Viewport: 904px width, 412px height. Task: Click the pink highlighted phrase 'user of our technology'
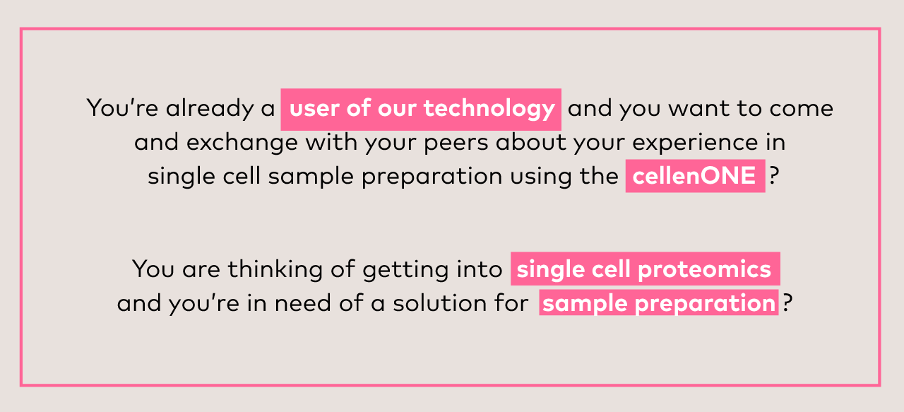pyautogui.click(x=421, y=110)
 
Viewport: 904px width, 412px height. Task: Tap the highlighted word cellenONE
pyautogui.click(x=696, y=176)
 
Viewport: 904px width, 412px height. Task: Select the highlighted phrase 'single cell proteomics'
pyautogui.click(x=646, y=269)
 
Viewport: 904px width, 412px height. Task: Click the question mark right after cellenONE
pyautogui.click(x=773, y=176)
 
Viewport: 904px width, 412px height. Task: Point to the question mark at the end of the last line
pyautogui.click(x=787, y=303)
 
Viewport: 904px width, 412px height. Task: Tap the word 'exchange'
pyautogui.click(x=242, y=142)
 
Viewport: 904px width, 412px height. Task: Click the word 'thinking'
pyautogui.click(x=275, y=269)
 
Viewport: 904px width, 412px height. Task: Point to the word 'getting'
pyautogui.click(x=405, y=270)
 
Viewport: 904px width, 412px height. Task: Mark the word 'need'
pyautogui.click(x=303, y=303)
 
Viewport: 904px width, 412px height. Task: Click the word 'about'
pyautogui.click(x=532, y=142)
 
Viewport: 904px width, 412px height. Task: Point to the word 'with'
pyautogui.click(x=331, y=142)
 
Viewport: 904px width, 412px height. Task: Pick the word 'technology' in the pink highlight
pyautogui.click(x=489, y=110)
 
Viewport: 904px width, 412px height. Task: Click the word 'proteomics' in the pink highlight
pyautogui.click(x=705, y=270)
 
